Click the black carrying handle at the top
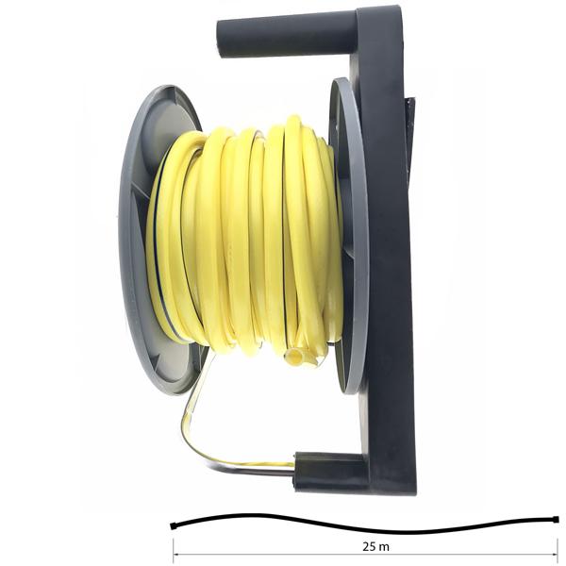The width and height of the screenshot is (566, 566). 287,33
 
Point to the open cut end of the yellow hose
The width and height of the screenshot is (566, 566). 294,357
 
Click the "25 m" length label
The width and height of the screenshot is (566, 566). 375,546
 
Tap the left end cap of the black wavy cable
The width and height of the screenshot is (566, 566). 173,526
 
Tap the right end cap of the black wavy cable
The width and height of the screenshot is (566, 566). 556,520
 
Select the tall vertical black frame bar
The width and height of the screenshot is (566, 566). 386,249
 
